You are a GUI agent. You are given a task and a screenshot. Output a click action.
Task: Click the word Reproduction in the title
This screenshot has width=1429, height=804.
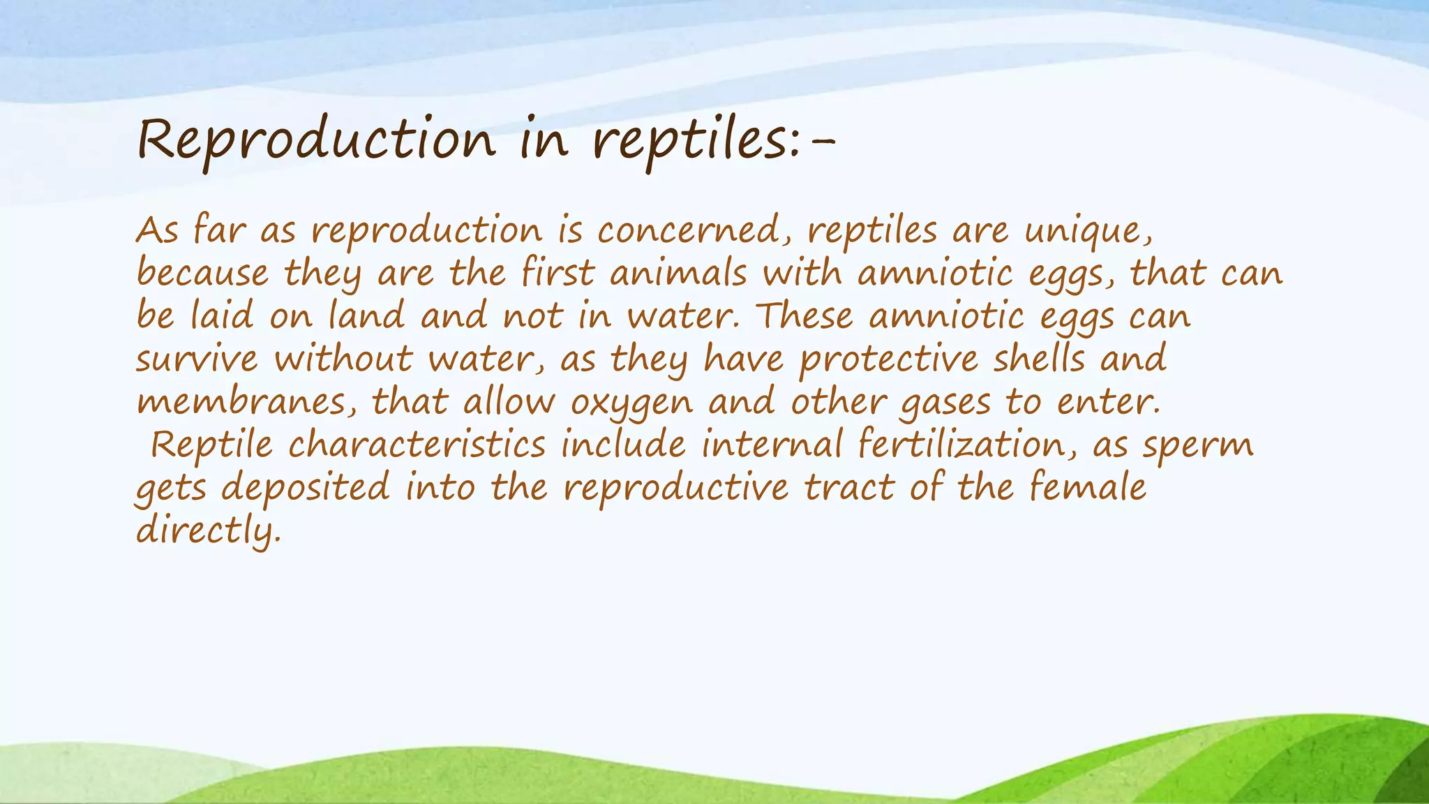[x=316, y=140]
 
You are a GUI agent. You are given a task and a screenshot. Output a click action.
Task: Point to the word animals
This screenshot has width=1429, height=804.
[x=678, y=273]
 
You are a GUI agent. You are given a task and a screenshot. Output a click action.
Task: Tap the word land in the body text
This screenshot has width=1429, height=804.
[x=366, y=316]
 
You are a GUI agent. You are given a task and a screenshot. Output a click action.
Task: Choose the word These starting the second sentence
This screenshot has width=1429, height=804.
[x=805, y=316]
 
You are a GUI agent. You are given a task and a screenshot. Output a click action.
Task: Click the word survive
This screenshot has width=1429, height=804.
[x=196, y=359]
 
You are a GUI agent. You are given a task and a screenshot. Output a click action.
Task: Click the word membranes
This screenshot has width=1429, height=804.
[x=244, y=403]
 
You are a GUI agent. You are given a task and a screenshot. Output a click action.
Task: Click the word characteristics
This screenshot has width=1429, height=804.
[x=417, y=445]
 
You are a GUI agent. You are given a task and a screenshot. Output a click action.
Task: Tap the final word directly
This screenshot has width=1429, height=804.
[x=207, y=531]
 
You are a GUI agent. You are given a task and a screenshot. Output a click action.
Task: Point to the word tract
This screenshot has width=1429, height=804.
[x=848, y=487]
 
